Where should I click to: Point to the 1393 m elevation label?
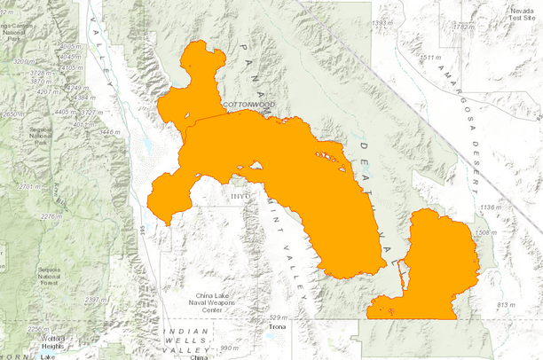[x=382, y=23]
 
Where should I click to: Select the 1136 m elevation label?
[x=489, y=207]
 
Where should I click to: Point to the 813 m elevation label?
[x=505, y=305]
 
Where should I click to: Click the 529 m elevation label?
[x=279, y=317]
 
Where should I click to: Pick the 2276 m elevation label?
[x=52, y=215]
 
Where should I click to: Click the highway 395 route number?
[x=144, y=230]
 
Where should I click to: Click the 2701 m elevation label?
[x=30, y=187]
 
